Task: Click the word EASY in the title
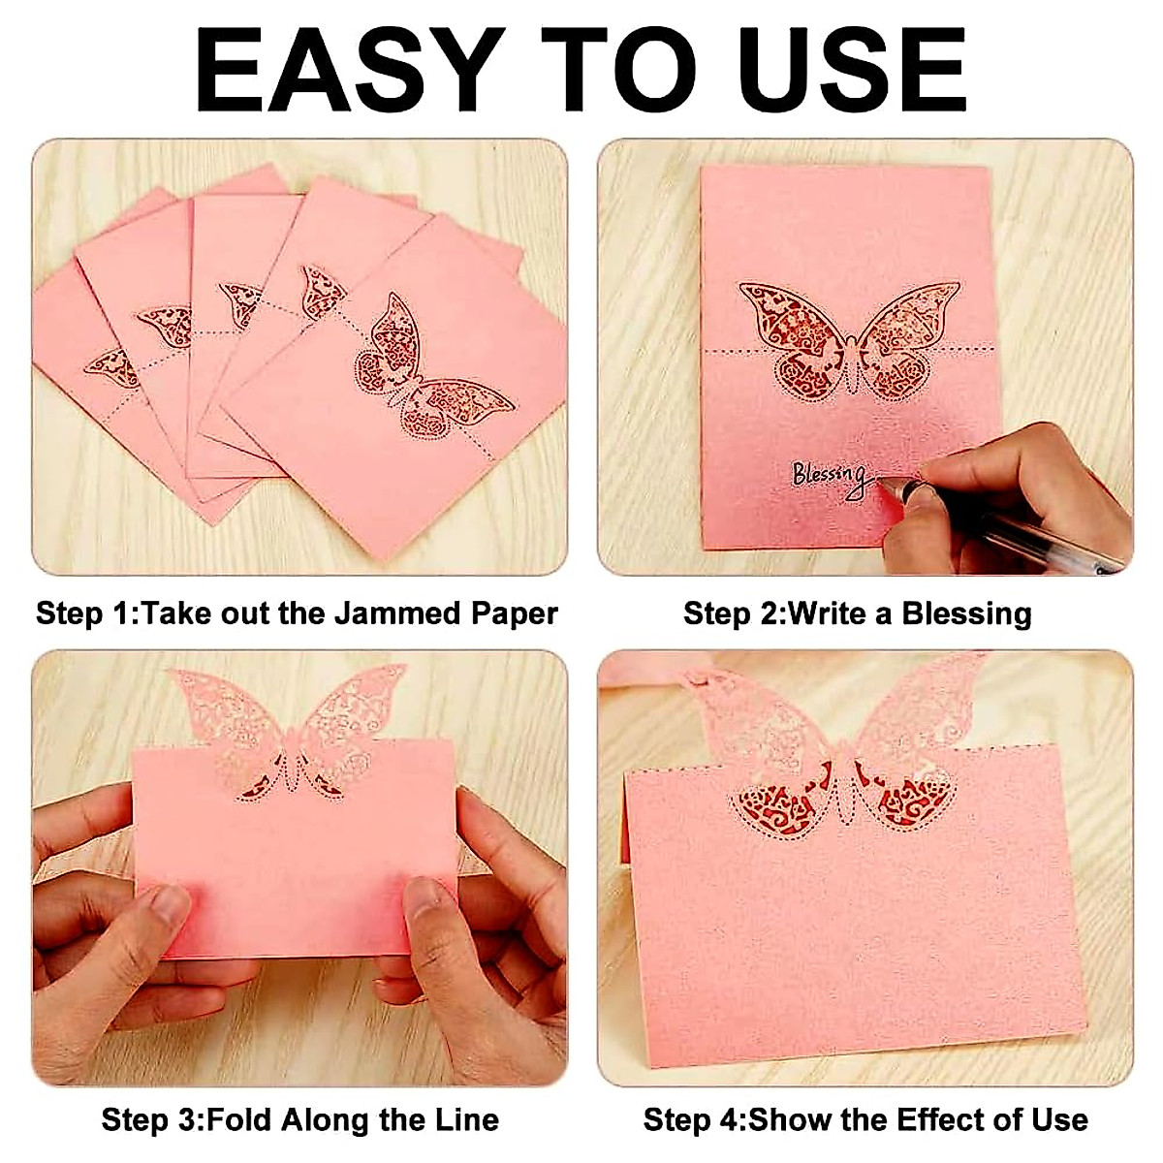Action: click(349, 70)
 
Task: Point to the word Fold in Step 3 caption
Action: click(239, 1120)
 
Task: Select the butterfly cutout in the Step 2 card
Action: click(849, 341)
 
